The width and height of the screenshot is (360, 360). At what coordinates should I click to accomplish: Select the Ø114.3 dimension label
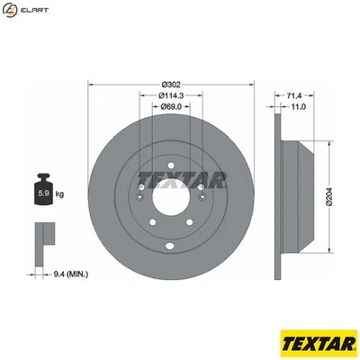pyautogui.click(x=172, y=95)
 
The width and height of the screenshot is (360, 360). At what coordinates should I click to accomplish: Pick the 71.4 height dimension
pyautogui.click(x=295, y=94)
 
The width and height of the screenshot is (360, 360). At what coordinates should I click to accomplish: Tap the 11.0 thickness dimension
pyautogui.click(x=295, y=106)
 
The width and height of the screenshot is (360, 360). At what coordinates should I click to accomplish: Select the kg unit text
pyautogui.click(x=60, y=193)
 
